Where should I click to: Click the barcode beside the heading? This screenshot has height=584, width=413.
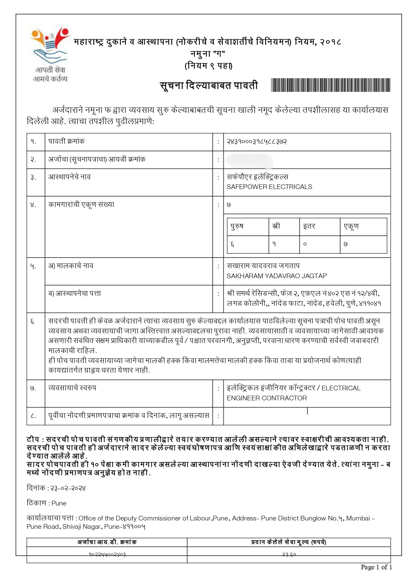pyautogui.click(x=330, y=85)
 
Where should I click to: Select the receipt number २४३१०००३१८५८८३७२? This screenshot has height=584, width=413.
pyautogui.click(x=256, y=142)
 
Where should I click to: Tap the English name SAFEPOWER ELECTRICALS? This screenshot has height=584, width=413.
pyautogui.click(x=269, y=187)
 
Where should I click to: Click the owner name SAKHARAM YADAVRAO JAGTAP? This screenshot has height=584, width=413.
pyautogui.click(x=276, y=276)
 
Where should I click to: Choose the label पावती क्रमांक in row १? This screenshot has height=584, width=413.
pyautogui.click(x=66, y=141)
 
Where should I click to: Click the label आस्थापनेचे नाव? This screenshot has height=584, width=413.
pyautogui.click(x=69, y=177)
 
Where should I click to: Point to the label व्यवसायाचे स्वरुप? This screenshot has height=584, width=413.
pyautogui.click(x=72, y=388)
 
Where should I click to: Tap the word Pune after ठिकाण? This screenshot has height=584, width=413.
pyautogui.click(x=59, y=503)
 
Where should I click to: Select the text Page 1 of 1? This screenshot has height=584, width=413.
pyautogui.click(x=376, y=567)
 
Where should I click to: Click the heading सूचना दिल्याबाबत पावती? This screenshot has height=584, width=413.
pyautogui.click(x=209, y=86)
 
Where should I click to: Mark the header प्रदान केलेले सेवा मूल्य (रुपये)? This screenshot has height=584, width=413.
pyautogui.click(x=288, y=542)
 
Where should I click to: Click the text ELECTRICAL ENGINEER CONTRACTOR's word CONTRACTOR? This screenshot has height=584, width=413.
pyautogui.click(x=286, y=398)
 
